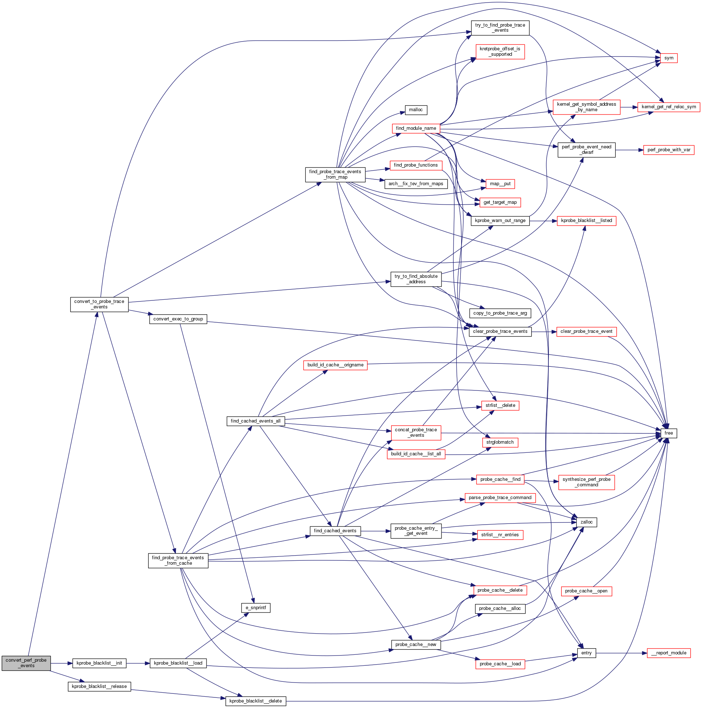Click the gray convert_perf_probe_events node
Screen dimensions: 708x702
click(x=26, y=663)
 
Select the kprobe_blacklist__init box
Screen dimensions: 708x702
click(x=99, y=663)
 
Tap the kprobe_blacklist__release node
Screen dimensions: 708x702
click(x=99, y=686)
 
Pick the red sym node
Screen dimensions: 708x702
click(x=669, y=58)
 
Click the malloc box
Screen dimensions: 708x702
click(x=416, y=110)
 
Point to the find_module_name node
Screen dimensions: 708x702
click(x=416, y=128)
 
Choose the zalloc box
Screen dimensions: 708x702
click(x=586, y=522)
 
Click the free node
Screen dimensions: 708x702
click(x=669, y=433)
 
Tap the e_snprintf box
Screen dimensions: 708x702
click(x=256, y=608)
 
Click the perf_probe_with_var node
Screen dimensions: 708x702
click(x=669, y=150)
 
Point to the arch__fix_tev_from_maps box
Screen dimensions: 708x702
click(x=416, y=184)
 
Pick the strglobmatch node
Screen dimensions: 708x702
click(x=500, y=442)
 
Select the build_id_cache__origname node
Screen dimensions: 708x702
click(x=335, y=365)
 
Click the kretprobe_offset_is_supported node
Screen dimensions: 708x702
click(x=500, y=52)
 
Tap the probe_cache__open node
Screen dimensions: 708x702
click(x=586, y=591)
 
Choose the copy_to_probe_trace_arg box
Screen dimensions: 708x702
click(x=500, y=313)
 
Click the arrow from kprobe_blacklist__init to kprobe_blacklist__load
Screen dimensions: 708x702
click(x=138, y=663)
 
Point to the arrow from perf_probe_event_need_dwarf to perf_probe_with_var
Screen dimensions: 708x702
click(x=629, y=150)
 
